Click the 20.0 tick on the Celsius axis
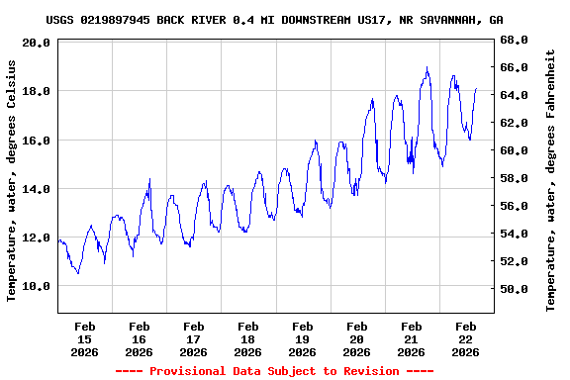coord(36,44)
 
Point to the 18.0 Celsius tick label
coord(36,91)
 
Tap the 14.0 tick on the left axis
coord(36,189)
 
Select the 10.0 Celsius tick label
coord(36,286)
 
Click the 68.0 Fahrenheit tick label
coord(514,40)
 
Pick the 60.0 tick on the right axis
coord(514,150)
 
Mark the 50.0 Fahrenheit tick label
coord(514,289)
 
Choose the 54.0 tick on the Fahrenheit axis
coord(514,234)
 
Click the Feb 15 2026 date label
coord(85,338)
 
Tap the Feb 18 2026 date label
coord(248,338)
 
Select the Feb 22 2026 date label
coord(466,338)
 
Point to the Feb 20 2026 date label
coord(357,338)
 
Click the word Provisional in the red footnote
coord(188,371)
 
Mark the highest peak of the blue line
coord(427,67)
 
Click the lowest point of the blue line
coord(78,273)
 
